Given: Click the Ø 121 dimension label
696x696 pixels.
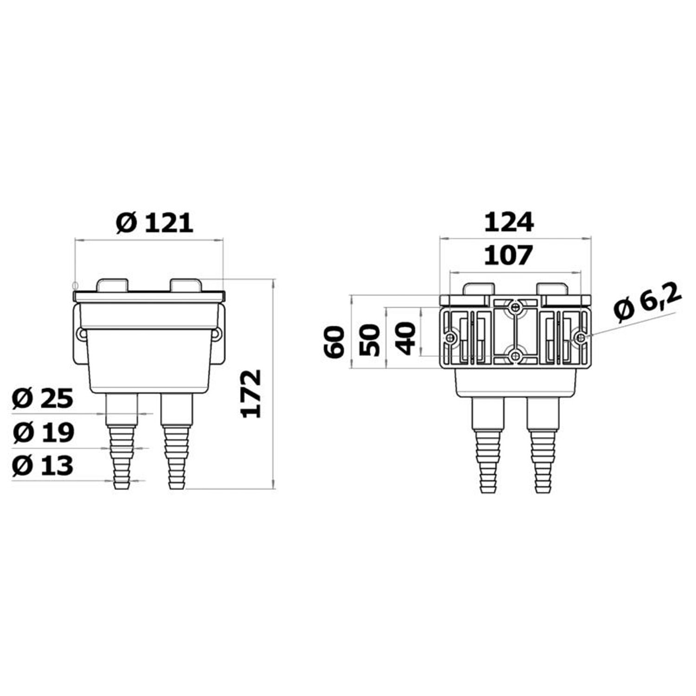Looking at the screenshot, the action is [155, 223].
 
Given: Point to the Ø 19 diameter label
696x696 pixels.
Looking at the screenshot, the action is [43, 432].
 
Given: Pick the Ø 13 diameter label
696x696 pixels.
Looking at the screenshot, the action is [43, 465].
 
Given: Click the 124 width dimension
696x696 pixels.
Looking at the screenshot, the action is [509, 223].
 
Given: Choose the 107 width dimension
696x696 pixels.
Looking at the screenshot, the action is [509, 256].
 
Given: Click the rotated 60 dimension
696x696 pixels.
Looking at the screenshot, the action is [335, 342].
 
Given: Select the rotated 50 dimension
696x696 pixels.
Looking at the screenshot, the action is [370, 340].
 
